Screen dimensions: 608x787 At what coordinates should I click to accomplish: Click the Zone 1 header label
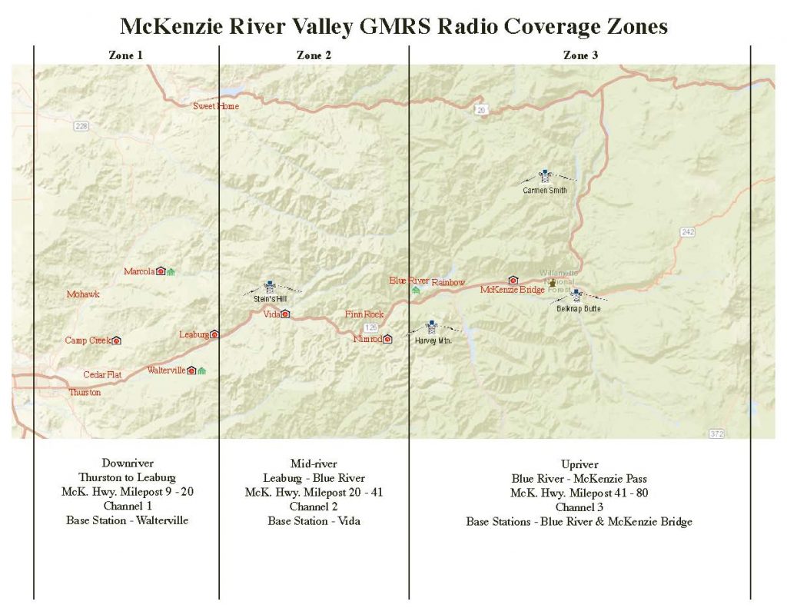(x=126, y=55)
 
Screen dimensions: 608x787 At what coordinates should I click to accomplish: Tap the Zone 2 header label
(x=314, y=55)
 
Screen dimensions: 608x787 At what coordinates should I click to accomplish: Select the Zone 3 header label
(x=580, y=55)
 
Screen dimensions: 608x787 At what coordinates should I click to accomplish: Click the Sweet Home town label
(x=215, y=106)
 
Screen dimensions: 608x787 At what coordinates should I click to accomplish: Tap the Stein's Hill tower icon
(x=269, y=287)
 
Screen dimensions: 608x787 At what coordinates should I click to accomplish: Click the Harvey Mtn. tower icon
(x=431, y=327)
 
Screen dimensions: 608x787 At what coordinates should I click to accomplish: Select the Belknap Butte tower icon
(x=576, y=295)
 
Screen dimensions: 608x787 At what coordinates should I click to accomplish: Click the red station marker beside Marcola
(x=161, y=271)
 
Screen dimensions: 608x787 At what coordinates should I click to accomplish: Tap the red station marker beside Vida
(x=285, y=314)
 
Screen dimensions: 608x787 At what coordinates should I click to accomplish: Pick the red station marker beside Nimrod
(x=387, y=339)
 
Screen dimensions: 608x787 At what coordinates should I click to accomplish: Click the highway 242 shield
(x=687, y=231)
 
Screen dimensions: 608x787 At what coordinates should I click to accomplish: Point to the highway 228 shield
(x=82, y=126)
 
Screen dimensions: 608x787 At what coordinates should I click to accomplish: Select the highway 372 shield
(x=716, y=434)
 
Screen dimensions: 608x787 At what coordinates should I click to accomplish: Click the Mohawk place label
(x=83, y=294)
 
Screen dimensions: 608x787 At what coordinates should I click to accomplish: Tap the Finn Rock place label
(x=364, y=314)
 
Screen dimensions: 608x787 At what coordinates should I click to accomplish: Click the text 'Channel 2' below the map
(x=314, y=507)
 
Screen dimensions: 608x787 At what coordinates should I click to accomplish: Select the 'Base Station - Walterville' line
(x=127, y=520)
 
